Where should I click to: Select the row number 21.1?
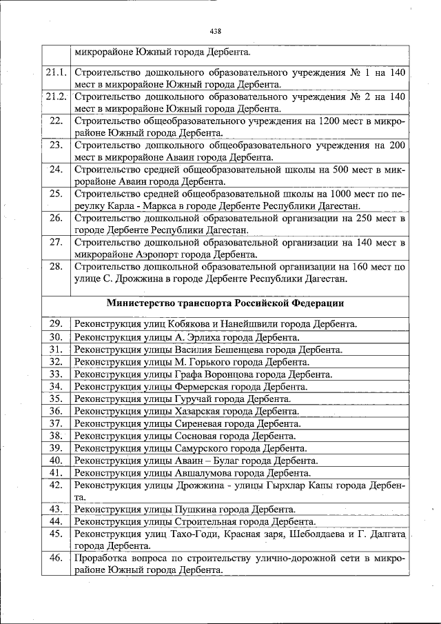pos(56,72)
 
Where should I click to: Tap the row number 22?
pos(57,121)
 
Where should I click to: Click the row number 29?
pos(57,324)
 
